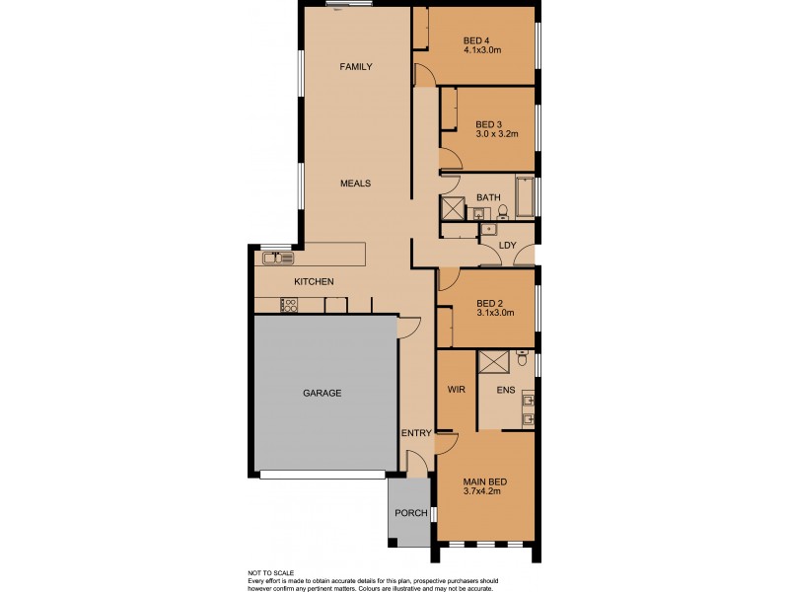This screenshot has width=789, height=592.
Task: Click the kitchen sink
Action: click(x=277, y=259)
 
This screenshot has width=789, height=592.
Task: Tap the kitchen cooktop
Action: click(x=290, y=306)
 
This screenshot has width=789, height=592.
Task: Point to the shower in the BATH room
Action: click(x=454, y=209)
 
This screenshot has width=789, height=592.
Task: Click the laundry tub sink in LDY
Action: click(x=487, y=230)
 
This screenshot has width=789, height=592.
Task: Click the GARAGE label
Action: click(x=322, y=393)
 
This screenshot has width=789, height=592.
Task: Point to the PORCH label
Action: click(x=409, y=513)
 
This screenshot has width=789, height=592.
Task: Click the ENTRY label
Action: click(x=415, y=433)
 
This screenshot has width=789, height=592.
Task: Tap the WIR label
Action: click(x=456, y=391)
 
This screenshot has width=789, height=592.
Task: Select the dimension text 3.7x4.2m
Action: click(x=483, y=491)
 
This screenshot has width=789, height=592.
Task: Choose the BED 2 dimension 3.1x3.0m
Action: click(x=495, y=313)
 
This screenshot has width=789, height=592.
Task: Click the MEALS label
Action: click(x=355, y=184)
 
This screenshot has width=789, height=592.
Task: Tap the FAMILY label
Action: click(x=355, y=67)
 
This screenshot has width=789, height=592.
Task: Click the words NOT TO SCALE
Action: click(x=271, y=571)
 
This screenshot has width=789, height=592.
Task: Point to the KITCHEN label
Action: click(x=314, y=282)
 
